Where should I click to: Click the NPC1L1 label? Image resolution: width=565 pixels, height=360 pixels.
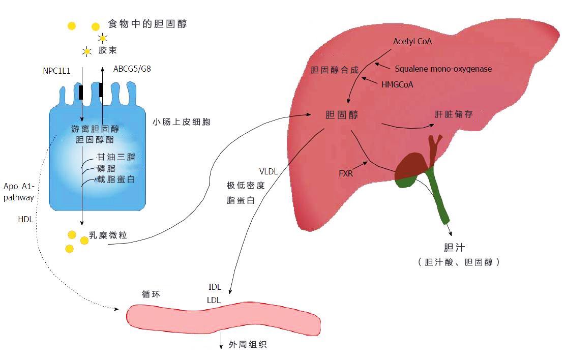[x=56, y=71]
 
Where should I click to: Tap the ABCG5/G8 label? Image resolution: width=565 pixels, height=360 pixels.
[x=132, y=69]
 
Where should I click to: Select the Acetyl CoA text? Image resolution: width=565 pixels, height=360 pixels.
[x=412, y=42]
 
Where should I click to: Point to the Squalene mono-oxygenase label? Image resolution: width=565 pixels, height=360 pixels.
[x=443, y=69]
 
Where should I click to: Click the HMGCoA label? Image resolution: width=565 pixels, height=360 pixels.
[x=397, y=85]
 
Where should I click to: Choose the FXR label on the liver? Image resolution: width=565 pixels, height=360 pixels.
[x=346, y=174]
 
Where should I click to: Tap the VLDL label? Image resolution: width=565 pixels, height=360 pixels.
[x=269, y=171]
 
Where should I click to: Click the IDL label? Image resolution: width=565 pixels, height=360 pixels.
[x=215, y=287]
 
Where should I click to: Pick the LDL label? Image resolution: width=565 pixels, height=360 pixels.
[x=214, y=300]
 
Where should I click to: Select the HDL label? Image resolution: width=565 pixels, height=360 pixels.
[x=25, y=219]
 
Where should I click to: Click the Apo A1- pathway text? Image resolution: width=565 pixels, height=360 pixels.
[x=19, y=192]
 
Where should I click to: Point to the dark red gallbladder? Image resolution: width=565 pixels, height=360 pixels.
[x=413, y=166]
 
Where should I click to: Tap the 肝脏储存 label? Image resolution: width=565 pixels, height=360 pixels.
[x=453, y=114]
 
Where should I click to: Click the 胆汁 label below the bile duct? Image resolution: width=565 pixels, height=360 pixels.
[x=454, y=248]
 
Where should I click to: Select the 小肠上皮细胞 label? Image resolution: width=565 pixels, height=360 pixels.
[x=181, y=122]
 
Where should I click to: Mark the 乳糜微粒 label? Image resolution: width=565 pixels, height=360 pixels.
[x=108, y=235]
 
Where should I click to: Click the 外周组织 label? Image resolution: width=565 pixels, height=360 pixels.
[x=248, y=345]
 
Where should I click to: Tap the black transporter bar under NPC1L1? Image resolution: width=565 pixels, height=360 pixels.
[x=81, y=92]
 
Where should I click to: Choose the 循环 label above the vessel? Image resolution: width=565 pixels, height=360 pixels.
[x=151, y=294]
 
